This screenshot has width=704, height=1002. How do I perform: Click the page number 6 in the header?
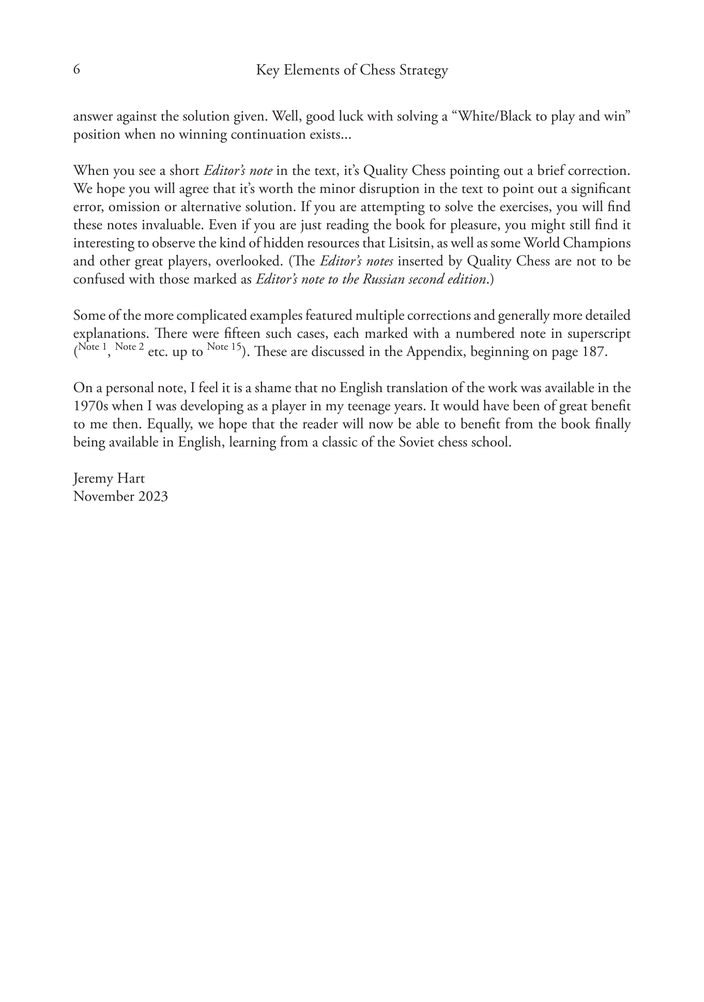coord(76,70)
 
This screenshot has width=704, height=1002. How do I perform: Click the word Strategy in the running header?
coord(423,71)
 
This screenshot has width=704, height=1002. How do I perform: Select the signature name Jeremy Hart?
coord(109,478)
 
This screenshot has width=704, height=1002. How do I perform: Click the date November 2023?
coord(120,497)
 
